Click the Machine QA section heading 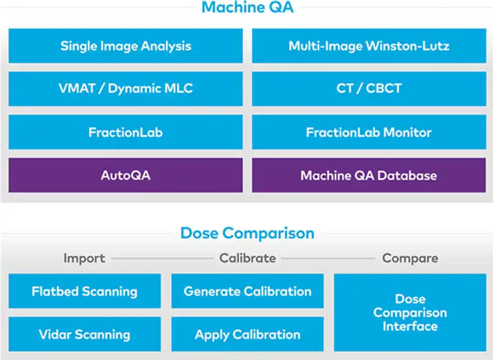click(x=247, y=7)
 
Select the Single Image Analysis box click(x=126, y=46)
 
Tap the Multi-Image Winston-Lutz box click(x=369, y=46)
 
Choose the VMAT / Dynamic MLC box click(x=126, y=89)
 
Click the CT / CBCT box click(x=369, y=89)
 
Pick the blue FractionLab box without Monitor click(x=126, y=132)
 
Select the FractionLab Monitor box click(x=369, y=132)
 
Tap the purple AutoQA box click(x=126, y=175)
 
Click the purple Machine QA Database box click(x=369, y=175)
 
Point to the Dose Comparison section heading click(x=247, y=233)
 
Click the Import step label click(x=84, y=258)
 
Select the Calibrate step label click(x=247, y=258)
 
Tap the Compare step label click(x=410, y=258)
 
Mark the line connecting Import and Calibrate click(x=162, y=259)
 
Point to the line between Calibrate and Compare click(x=328, y=259)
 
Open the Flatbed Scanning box click(x=84, y=291)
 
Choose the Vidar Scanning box click(x=84, y=334)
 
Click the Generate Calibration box click(x=247, y=291)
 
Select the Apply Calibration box click(x=247, y=334)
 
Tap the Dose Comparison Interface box click(x=410, y=313)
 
